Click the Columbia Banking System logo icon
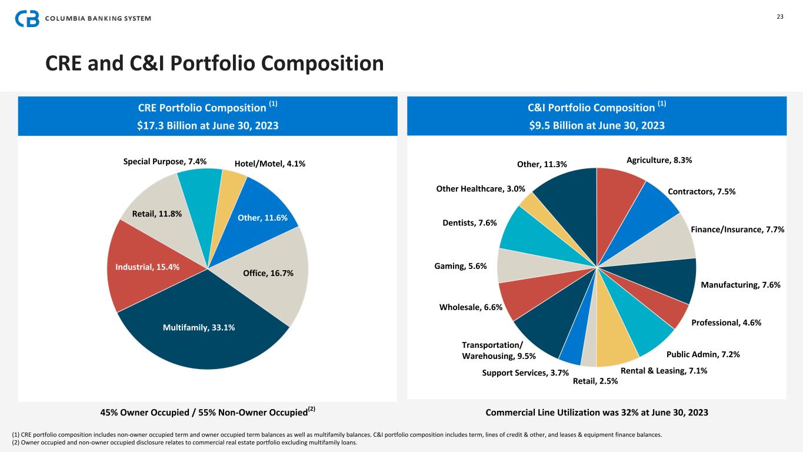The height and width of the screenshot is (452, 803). [x=28, y=18]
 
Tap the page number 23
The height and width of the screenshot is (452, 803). [x=780, y=16]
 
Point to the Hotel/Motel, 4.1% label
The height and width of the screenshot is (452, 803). [x=269, y=164]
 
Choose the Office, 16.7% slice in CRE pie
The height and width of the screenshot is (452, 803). [x=268, y=272]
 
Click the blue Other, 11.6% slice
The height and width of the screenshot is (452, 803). [x=262, y=217]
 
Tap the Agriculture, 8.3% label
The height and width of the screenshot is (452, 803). [x=659, y=159]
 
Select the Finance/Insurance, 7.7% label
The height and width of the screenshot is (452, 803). [x=738, y=230]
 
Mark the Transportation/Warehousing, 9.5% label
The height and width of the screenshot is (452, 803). [x=498, y=350]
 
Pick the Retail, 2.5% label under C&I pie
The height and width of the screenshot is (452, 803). [x=595, y=381]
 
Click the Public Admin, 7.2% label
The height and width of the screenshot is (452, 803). [x=703, y=354]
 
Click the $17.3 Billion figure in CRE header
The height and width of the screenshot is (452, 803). [x=168, y=125]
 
